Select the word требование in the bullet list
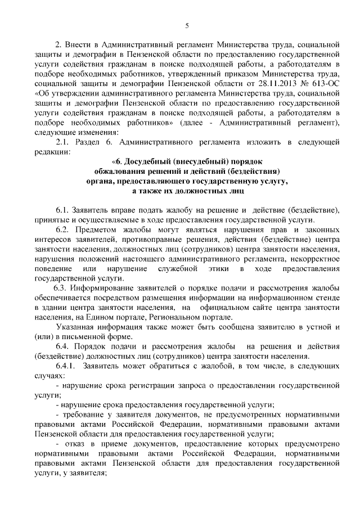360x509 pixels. click(x=82, y=416)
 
